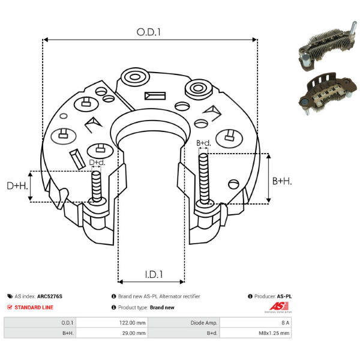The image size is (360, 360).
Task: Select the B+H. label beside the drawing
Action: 282,181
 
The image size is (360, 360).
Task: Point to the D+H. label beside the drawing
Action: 17,187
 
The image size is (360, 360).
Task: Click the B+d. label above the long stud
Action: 204,143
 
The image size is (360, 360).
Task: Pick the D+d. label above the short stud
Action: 97,163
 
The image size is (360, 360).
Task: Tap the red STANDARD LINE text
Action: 34,307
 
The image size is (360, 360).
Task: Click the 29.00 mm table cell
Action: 134,332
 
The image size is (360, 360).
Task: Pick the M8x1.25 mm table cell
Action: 276,332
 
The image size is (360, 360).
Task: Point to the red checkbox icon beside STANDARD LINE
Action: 9,307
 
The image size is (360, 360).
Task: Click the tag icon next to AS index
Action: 10,296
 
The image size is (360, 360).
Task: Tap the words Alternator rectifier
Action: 179,296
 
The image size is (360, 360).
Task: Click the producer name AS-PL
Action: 284,296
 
